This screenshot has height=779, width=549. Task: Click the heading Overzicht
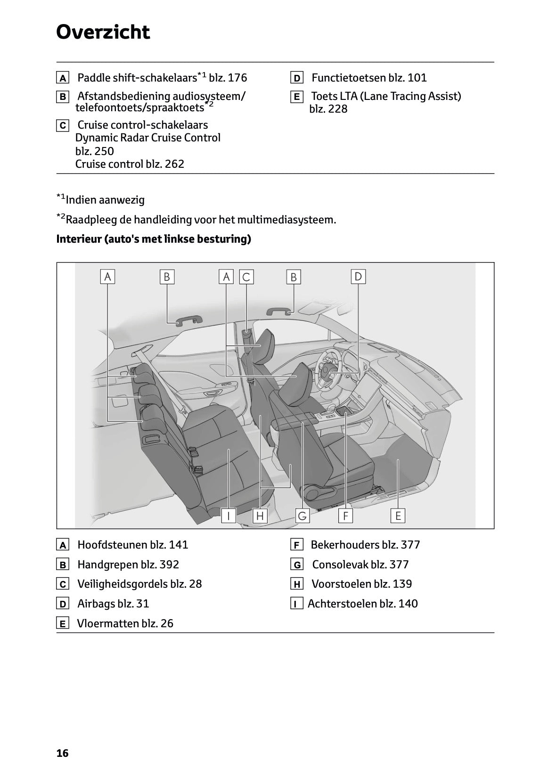point(103,32)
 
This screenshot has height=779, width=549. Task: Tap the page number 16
point(62,753)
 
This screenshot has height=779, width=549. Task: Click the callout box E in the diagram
point(398,516)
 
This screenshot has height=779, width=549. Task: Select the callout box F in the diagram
point(345,516)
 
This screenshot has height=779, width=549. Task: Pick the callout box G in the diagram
point(302,516)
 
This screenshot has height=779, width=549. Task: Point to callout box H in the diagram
point(260,516)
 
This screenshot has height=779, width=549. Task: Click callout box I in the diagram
point(229,516)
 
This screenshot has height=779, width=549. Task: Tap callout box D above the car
point(358,277)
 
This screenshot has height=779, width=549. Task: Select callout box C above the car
point(246,277)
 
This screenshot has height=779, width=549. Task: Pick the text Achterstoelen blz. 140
point(362,604)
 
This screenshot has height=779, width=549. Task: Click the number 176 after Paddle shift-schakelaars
point(237,78)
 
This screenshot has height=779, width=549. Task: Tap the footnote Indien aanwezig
point(105,200)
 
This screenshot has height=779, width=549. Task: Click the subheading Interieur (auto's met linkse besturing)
point(154,239)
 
